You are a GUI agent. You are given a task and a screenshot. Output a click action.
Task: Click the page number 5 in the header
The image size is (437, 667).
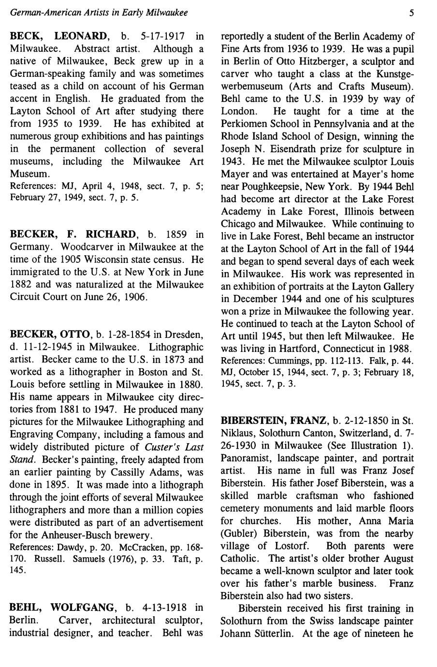(411, 13)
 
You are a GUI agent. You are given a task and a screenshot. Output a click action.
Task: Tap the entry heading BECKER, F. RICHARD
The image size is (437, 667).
(73, 234)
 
